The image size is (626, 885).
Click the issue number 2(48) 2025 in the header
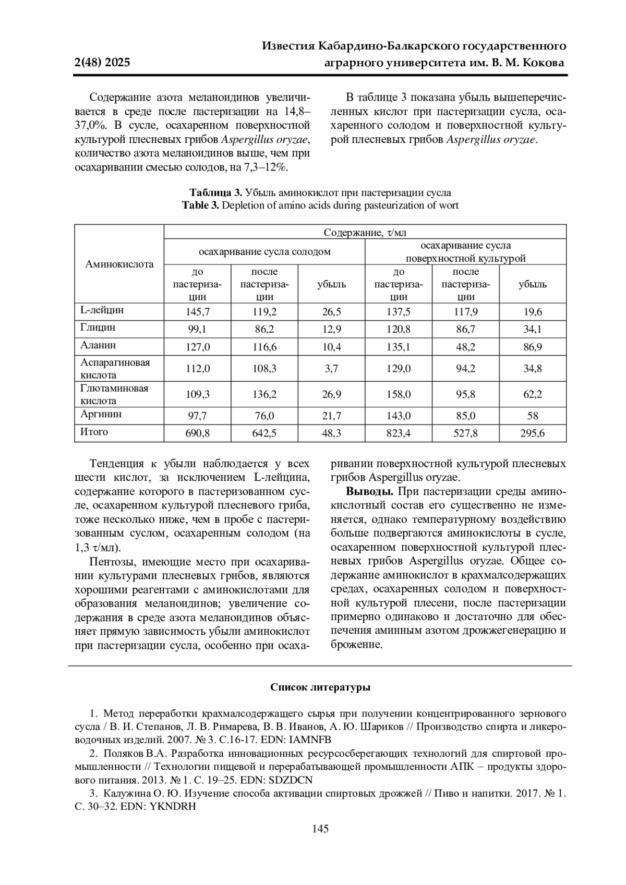click(102, 63)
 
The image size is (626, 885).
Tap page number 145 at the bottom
click(320, 829)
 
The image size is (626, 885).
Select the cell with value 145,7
click(198, 312)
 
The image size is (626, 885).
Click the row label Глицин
click(98, 328)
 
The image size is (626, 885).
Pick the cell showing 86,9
click(532, 347)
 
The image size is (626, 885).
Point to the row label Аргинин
click(101, 414)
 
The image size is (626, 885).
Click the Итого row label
click(94, 432)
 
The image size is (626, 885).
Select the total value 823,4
click(399, 433)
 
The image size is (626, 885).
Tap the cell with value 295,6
click(532, 433)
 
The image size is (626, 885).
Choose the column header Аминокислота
click(119, 264)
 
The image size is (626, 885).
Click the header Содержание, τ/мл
click(365, 232)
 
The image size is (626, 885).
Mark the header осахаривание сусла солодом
click(264, 251)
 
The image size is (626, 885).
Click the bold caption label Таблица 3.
click(216, 192)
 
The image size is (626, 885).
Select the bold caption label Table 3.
click(200, 205)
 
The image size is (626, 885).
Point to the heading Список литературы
click(320, 687)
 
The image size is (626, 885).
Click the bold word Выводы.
click(370, 492)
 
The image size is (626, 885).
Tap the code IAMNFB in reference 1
click(311, 739)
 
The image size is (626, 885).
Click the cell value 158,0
click(399, 394)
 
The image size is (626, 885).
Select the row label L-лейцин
click(102, 310)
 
